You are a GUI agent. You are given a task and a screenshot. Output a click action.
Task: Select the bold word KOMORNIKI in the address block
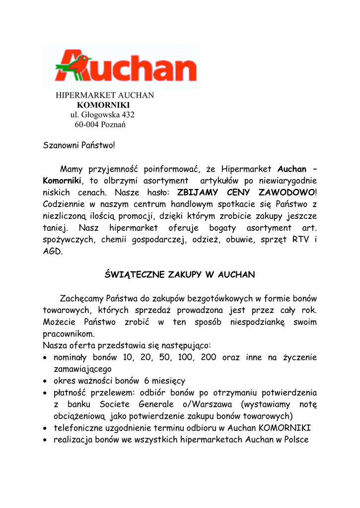103,105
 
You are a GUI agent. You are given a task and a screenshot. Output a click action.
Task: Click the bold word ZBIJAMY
197,192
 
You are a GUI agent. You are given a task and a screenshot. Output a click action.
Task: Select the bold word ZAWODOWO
286,192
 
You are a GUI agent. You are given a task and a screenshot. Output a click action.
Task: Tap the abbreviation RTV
301,240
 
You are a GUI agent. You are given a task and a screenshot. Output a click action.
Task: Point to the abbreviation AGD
53,252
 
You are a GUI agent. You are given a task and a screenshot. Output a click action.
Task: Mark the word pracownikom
69,334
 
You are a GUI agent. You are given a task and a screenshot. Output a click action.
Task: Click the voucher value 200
209,357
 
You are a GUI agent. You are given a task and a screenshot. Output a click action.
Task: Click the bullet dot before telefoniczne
46,428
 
